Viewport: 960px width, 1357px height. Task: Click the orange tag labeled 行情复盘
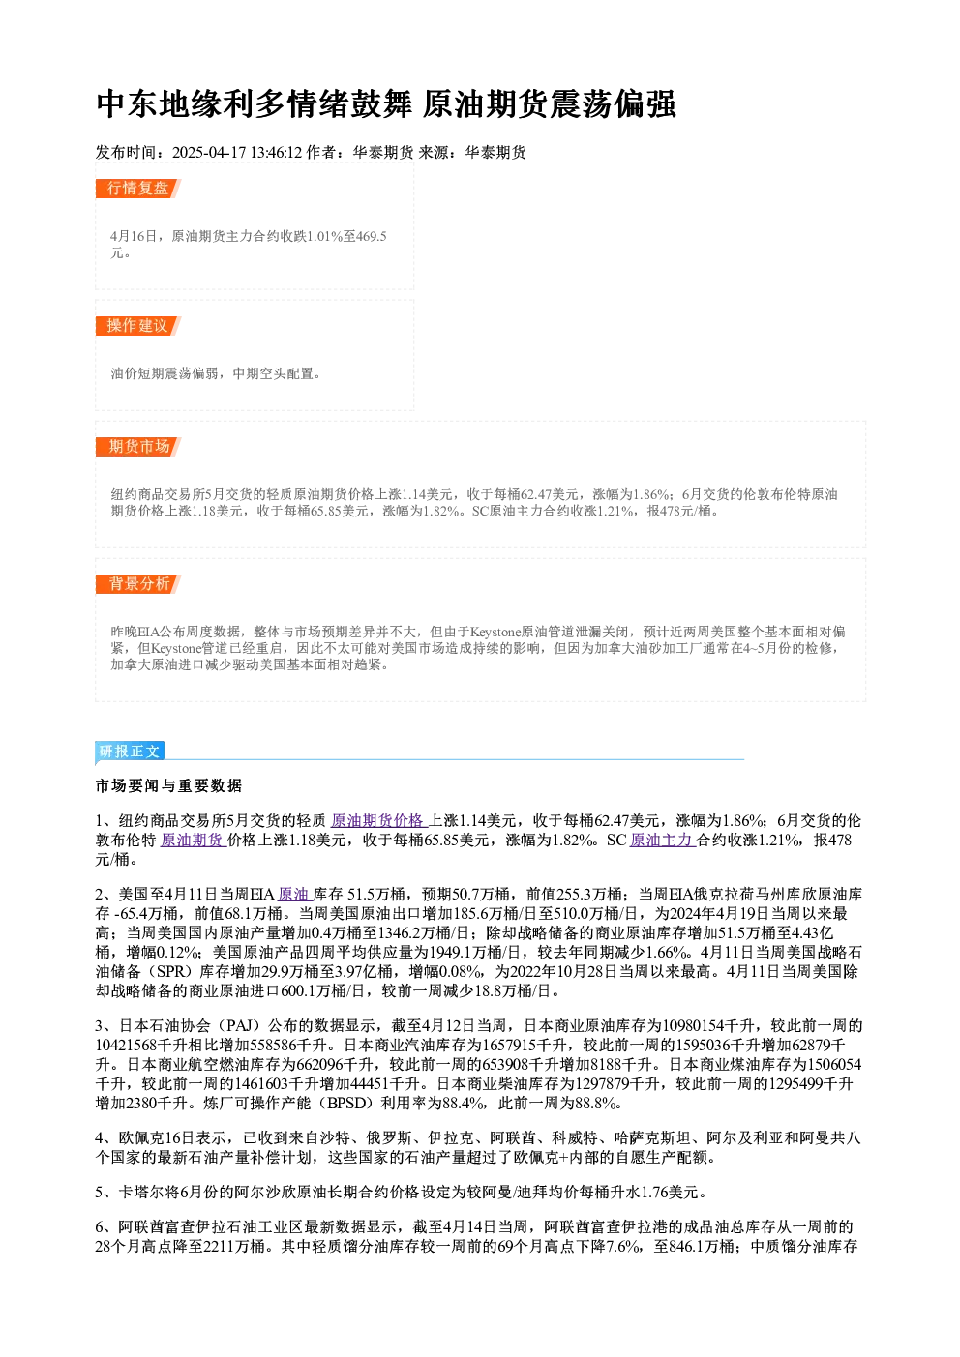click(x=137, y=189)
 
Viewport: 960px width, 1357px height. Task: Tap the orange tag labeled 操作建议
click(x=137, y=326)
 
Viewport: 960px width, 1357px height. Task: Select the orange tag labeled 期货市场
click(x=138, y=447)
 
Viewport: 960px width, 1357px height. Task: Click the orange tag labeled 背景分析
click(x=138, y=584)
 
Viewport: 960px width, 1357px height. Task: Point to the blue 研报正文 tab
click(x=130, y=752)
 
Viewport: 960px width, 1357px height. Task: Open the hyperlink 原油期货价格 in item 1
click(x=379, y=821)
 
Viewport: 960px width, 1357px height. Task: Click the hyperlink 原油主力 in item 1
click(x=663, y=841)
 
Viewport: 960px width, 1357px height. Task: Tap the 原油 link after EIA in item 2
click(x=294, y=894)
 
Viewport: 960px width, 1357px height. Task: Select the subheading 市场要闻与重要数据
click(x=168, y=785)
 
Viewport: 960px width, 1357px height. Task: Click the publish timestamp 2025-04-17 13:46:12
click(x=237, y=152)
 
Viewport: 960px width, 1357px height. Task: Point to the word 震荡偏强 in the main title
click(x=613, y=104)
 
